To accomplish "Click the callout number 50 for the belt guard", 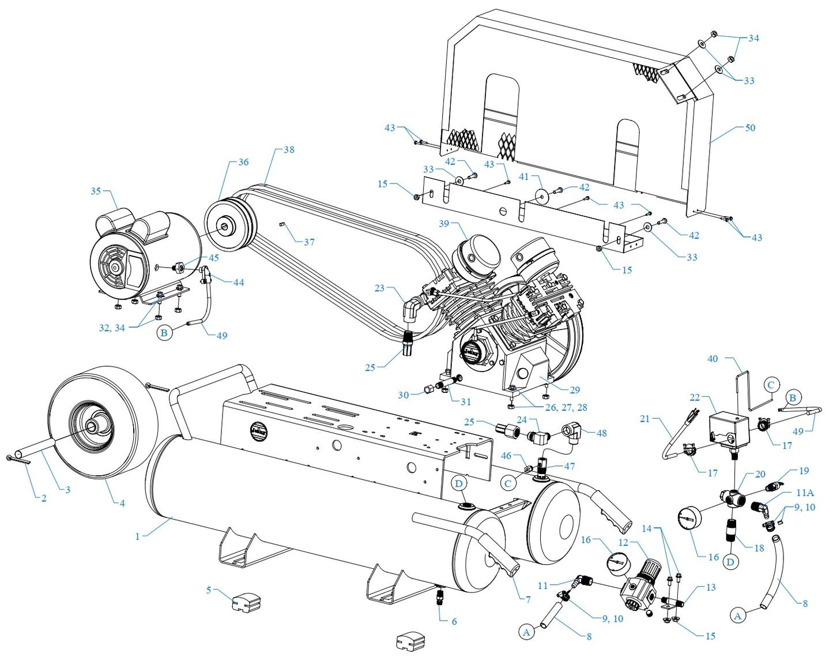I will pos(750,127).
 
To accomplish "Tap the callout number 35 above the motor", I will pos(96,191).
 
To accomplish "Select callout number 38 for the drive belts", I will pos(289,149).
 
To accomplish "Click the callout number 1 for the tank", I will pos(137,536).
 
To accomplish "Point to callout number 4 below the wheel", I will pos(122,503).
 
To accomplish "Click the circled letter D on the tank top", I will pos(459,483).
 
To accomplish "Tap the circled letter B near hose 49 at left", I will pos(164,333).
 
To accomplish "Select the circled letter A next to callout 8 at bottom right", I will pos(737,616).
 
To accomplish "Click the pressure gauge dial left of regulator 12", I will pos(617,561).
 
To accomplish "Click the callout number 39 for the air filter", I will pos(443,223).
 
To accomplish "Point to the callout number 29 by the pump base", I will pos(575,390).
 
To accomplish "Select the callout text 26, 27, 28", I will pos(566,407).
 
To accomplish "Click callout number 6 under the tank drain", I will pos(454,621).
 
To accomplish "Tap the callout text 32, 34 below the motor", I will pos(112,328).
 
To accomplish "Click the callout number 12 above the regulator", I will pos(623,542).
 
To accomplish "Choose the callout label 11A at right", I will pos(805,493).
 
